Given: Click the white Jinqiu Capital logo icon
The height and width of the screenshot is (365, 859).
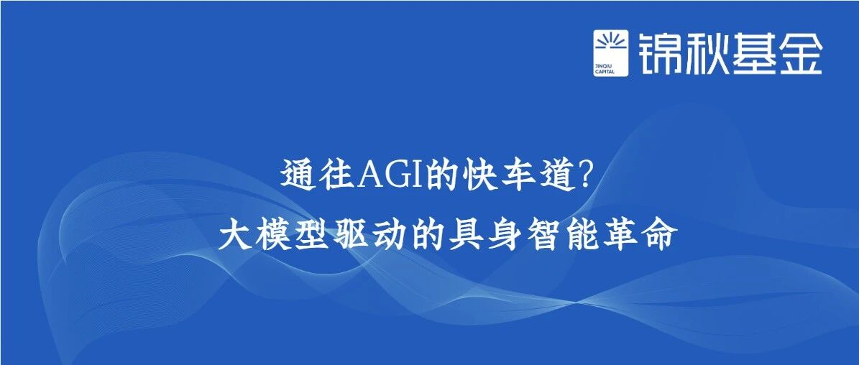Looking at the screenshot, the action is tap(610, 53).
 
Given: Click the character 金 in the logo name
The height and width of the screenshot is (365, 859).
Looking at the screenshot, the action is tap(800, 53).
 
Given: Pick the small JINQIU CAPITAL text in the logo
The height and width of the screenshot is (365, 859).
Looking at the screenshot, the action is tap(605, 68).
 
